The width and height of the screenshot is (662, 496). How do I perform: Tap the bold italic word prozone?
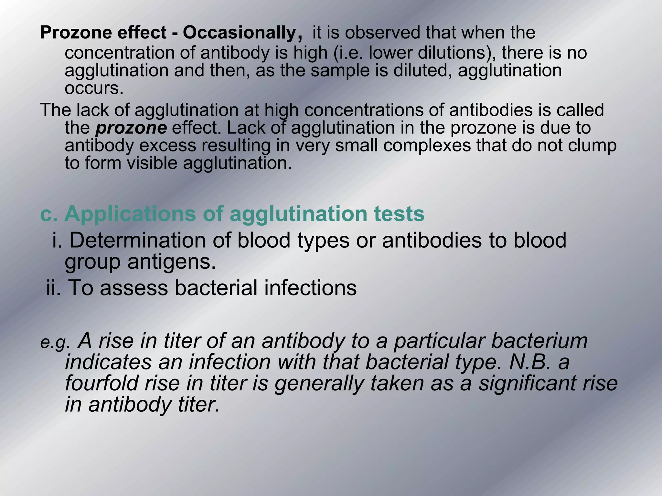click(x=131, y=128)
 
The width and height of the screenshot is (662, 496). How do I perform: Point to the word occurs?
click(x=94, y=88)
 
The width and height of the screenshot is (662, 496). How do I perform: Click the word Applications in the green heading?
click(x=130, y=214)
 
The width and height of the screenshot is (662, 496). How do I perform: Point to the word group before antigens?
click(x=93, y=262)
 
